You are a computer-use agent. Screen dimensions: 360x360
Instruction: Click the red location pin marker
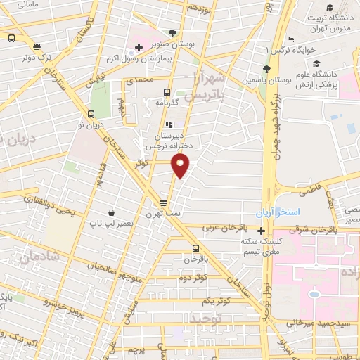(x=181, y=167)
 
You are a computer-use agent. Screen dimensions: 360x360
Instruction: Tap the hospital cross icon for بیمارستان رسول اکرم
(x=139, y=48)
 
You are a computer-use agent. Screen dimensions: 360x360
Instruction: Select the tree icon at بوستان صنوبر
(x=174, y=33)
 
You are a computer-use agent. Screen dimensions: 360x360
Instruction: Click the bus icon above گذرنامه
(x=167, y=92)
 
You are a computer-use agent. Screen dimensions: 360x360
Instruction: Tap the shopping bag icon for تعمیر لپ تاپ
(x=111, y=212)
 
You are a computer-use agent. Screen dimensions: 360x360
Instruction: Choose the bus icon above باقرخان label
(x=196, y=248)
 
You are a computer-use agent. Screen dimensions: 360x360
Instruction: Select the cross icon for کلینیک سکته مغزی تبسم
(x=262, y=230)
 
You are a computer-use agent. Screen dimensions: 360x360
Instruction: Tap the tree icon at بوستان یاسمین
(x=266, y=68)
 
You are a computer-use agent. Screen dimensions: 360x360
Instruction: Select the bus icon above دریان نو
(x=90, y=115)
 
